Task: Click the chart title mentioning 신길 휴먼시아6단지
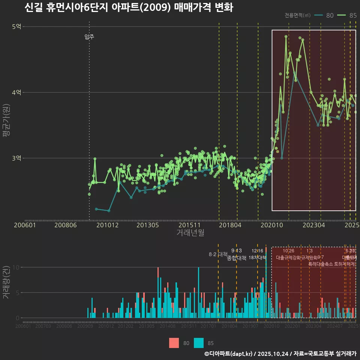click(129, 7)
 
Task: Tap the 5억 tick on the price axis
click(16, 26)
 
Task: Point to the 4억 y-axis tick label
click(16, 92)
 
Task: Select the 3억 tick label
click(16, 158)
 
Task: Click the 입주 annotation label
click(89, 37)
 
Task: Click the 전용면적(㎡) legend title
click(297, 15)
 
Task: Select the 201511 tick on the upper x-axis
click(189, 225)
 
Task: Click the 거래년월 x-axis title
click(190, 233)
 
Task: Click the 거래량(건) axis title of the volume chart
click(6, 282)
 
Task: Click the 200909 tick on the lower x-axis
click(85, 326)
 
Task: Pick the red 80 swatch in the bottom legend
click(174, 343)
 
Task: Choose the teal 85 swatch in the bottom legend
click(199, 343)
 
